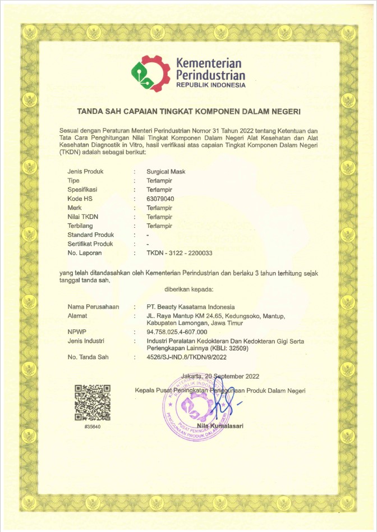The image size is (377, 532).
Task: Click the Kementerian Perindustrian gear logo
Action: (x=150, y=72)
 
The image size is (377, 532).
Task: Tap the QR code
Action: (x=92, y=402)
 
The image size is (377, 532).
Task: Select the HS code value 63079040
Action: (x=160, y=199)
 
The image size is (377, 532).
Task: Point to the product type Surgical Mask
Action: (x=166, y=172)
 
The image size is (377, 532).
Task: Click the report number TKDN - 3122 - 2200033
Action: (x=180, y=253)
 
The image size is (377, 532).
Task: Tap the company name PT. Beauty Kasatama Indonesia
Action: (x=190, y=307)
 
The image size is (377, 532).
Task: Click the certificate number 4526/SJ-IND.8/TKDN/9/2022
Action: (x=186, y=356)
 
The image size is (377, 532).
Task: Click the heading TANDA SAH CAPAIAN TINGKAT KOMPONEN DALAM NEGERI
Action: (x=189, y=112)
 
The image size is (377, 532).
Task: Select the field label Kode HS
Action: (x=80, y=199)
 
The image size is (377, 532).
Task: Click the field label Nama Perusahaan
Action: (x=94, y=307)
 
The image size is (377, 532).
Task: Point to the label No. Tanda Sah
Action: (x=88, y=356)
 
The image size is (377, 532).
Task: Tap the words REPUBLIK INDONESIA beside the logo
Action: (x=210, y=85)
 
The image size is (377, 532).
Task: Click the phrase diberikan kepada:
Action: (x=188, y=289)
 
